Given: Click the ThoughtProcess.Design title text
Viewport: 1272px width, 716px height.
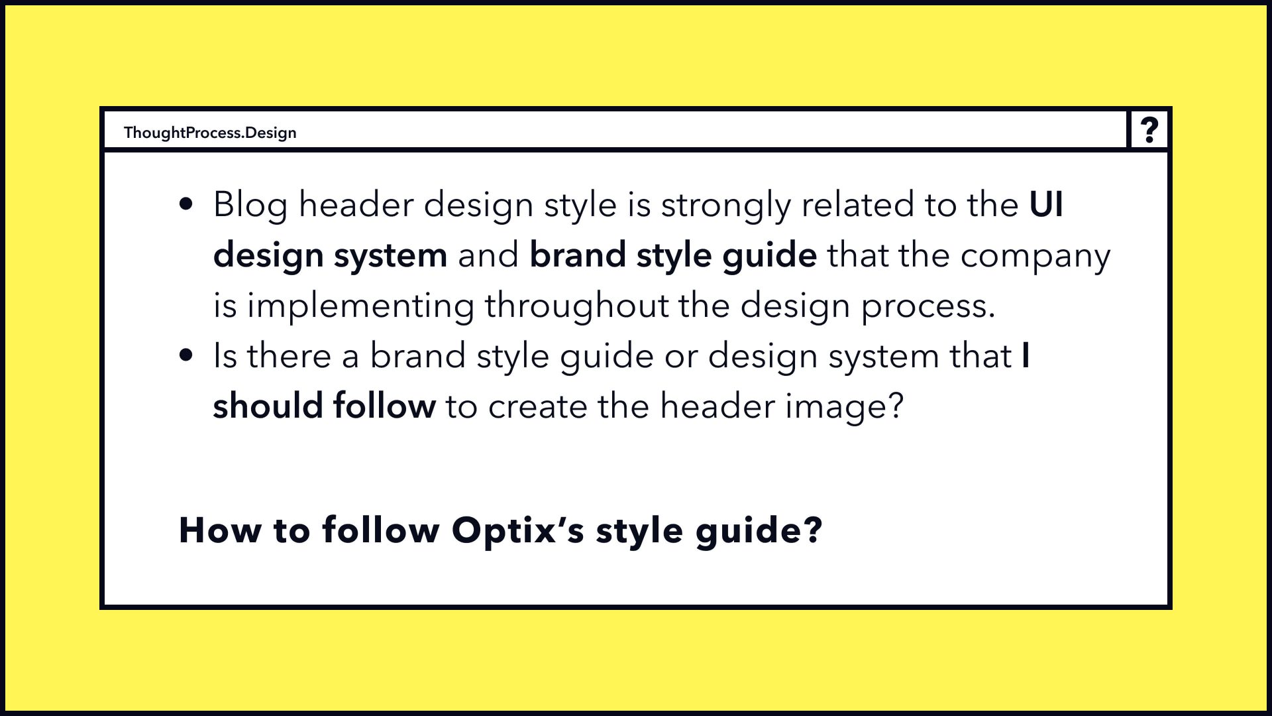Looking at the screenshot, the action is pyautogui.click(x=210, y=133).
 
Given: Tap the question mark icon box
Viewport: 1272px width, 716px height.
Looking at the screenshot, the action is pyautogui.click(x=1149, y=129).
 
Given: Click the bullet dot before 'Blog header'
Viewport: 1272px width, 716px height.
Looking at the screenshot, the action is pyautogui.click(x=186, y=204).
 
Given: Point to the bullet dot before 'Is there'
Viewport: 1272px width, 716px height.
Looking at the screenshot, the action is pyautogui.click(x=186, y=355).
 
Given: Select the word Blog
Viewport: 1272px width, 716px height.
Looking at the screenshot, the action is pyautogui.click(x=250, y=204).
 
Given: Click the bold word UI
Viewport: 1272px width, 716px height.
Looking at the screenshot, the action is pyautogui.click(x=1046, y=204).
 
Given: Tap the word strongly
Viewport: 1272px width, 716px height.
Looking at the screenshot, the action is pyautogui.click(x=726, y=206).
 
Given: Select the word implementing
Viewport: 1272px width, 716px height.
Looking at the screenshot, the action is pyautogui.click(x=360, y=307).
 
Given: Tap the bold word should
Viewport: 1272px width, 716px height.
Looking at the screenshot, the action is pyautogui.click(x=268, y=406).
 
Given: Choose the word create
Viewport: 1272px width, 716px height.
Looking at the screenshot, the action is pyautogui.click(x=537, y=407).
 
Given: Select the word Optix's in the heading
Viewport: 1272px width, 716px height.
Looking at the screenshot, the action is pyautogui.click(x=517, y=530).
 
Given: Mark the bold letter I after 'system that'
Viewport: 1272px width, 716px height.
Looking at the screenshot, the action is pyautogui.click(x=1026, y=355).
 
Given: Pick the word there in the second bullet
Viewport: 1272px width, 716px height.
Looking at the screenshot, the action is pyautogui.click(x=289, y=355).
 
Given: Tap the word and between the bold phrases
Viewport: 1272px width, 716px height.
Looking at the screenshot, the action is pyautogui.click(x=488, y=255).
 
